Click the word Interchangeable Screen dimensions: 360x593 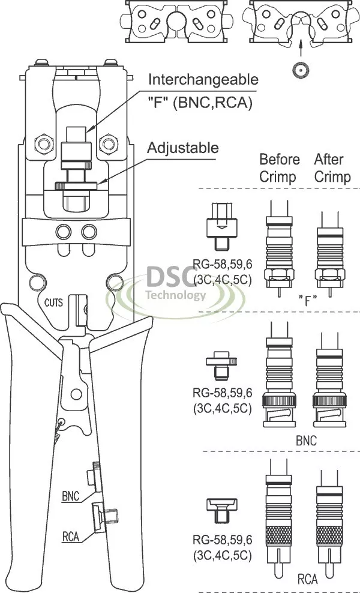click(x=203, y=80)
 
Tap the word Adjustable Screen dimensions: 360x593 click(x=183, y=148)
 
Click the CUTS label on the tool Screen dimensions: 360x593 click(x=54, y=303)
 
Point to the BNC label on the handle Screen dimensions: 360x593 click(x=71, y=496)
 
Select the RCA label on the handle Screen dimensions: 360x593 click(x=71, y=537)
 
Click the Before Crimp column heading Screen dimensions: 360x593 click(x=279, y=168)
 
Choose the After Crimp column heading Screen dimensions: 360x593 click(x=332, y=168)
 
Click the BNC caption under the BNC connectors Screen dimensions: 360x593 click(x=307, y=440)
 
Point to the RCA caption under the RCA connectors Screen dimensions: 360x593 click(x=307, y=579)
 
